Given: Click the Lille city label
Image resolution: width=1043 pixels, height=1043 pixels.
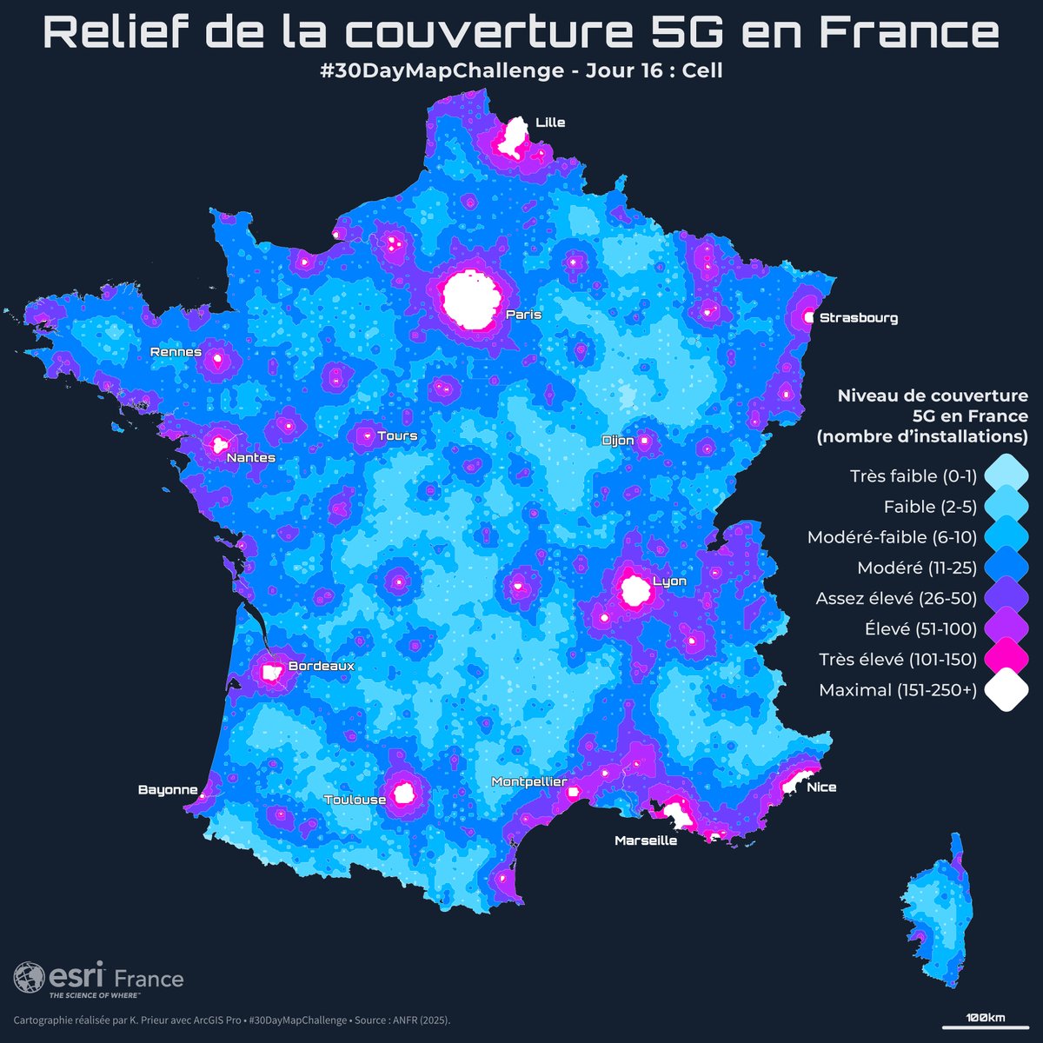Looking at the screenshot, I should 550,123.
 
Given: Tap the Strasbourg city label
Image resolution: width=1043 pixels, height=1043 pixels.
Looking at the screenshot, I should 858,318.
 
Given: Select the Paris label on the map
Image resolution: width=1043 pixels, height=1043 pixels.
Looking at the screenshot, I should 523,315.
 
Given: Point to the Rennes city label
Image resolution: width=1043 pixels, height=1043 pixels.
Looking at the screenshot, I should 176,352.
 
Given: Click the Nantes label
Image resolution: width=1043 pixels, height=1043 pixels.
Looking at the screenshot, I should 250,458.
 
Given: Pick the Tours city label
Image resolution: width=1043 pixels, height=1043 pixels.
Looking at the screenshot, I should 397,435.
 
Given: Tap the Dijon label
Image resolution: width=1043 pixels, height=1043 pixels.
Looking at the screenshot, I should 618,441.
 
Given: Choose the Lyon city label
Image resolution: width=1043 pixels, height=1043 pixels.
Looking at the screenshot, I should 669,581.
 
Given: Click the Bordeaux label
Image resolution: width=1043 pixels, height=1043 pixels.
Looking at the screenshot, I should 321,667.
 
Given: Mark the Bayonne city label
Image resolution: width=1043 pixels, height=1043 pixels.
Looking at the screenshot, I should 168,790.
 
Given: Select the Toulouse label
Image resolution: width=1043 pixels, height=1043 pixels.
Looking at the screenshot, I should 355,800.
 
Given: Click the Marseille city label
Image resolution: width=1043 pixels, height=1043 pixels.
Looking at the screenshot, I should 645,840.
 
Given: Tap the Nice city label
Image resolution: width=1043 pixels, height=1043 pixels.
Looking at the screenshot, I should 821,787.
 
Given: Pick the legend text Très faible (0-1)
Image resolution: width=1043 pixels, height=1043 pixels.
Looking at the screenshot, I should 913,476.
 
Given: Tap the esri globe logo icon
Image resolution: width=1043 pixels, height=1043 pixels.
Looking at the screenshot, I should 29,977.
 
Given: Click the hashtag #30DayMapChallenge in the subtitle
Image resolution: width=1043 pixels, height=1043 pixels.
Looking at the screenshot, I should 442,70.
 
